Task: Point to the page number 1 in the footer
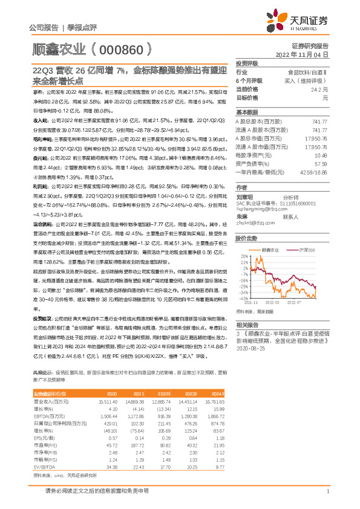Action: coord(327,491)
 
